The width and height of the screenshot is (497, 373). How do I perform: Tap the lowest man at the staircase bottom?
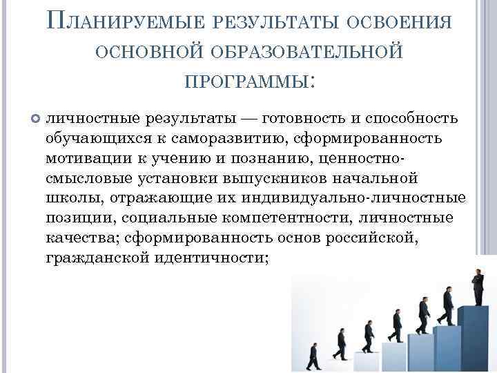click(314, 356)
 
